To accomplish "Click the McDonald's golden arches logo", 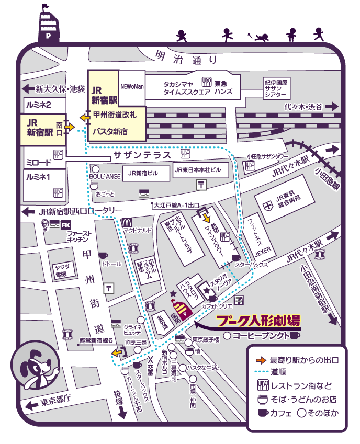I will click(x=126, y=222).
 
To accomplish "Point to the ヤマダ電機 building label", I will click(x=62, y=270).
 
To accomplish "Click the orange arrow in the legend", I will click(x=260, y=360).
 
